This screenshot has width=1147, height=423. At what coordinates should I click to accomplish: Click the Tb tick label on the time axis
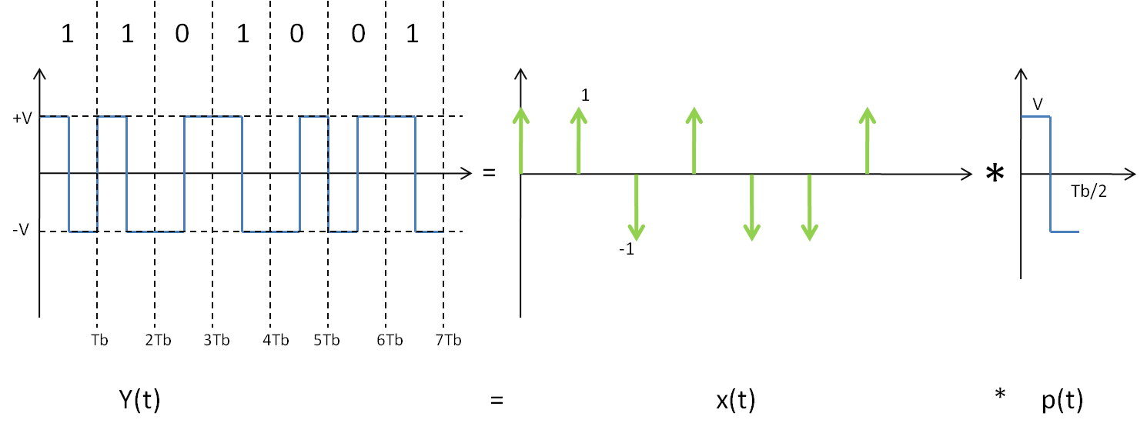coord(100,340)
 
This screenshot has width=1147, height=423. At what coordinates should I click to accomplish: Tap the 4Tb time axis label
coord(276,340)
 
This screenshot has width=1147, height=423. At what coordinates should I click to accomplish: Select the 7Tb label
coord(449,340)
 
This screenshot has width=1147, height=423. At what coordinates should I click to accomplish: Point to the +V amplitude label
coord(22,118)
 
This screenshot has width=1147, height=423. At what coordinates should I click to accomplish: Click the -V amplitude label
coord(21,230)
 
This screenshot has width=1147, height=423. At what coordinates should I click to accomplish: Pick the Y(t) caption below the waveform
coord(140,399)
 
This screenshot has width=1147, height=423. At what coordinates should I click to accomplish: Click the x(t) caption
coord(736,399)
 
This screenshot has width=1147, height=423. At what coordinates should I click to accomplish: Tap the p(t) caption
coord(1062,400)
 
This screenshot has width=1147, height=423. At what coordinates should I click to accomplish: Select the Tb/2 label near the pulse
coord(1088,192)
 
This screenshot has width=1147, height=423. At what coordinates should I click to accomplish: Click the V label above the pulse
coord(1038,105)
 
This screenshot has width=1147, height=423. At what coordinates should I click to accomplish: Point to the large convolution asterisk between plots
coord(995,173)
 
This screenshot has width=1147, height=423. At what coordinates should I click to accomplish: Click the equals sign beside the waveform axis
coord(489,173)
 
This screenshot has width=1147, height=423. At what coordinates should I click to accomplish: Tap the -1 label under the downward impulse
coord(627,249)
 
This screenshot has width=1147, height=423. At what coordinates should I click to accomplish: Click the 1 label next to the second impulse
coord(585,95)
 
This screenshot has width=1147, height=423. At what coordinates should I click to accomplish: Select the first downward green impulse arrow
coord(637,207)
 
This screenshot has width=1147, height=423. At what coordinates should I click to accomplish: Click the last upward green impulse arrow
coord(868,141)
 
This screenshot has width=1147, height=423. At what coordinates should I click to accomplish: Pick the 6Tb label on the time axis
coord(390,340)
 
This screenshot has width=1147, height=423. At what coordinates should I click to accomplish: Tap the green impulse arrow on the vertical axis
coord(520,141)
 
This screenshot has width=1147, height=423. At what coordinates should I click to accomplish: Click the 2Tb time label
coord(159,340)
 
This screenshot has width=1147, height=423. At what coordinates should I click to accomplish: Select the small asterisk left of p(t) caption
coord(1000,395)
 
